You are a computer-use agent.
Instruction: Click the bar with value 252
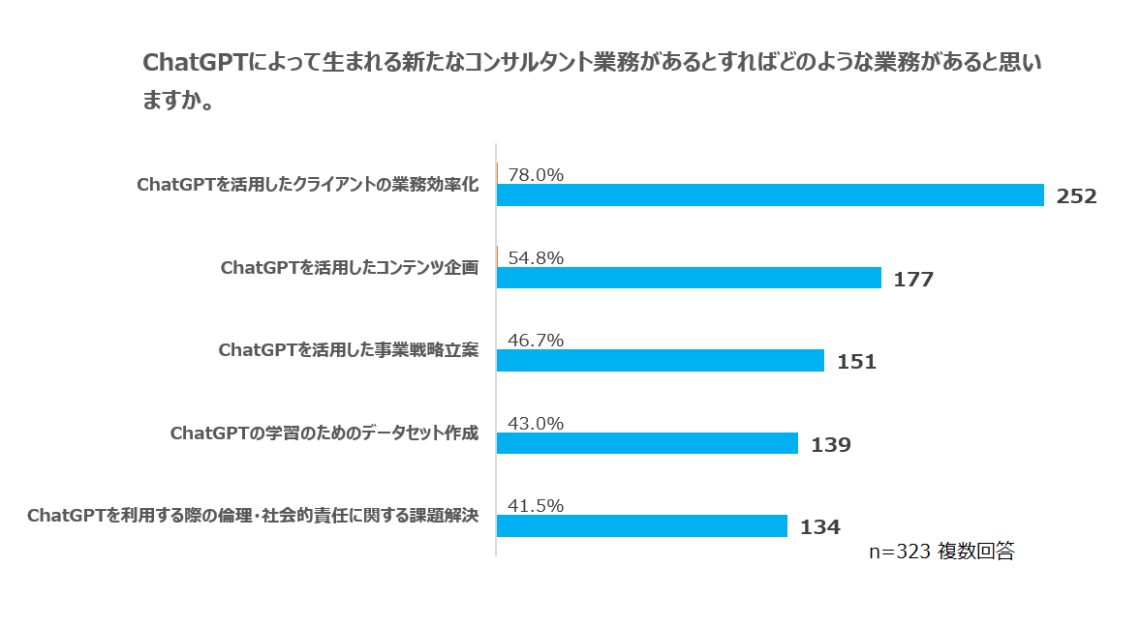point(770,195)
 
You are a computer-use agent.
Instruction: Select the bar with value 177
point(689,279)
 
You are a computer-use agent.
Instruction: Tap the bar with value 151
point(660,361)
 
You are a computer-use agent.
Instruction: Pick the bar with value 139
point(647,443)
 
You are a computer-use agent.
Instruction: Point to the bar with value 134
point(641,525)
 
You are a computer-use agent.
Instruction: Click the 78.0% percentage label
point(536,175)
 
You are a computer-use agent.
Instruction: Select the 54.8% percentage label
point(536,257)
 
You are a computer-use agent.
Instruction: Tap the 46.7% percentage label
point(536,341)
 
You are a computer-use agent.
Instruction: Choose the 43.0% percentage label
point(536,423)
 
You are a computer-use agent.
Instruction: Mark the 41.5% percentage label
point(536,505)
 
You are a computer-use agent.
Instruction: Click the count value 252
point(1076,197)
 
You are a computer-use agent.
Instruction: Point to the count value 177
point(913,280)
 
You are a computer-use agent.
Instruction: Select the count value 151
point(856,363)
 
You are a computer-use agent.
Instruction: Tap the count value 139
point(830,445)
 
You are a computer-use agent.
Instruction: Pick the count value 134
point(819,527)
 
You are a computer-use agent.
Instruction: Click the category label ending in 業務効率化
point(308,185)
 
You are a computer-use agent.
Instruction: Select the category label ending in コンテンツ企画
point(350,267)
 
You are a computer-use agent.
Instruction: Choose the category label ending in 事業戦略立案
point(349,349)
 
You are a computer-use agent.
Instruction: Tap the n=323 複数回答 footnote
point(941,552)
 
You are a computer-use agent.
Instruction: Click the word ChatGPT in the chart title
point(195,63)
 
